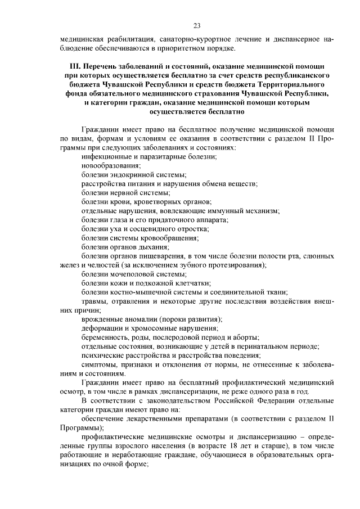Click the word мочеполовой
[x=130, y=274]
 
